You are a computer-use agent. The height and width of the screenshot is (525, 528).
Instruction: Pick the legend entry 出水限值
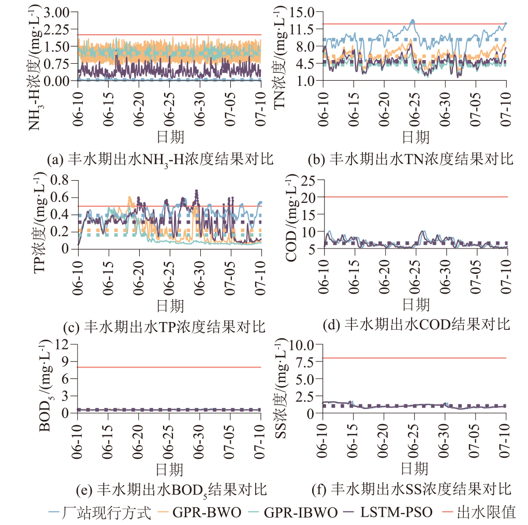tap(486, 513)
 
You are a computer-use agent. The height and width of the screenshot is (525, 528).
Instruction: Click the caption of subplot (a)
tap(160, 159)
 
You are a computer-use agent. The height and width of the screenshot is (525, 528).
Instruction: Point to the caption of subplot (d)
tap(416, 325)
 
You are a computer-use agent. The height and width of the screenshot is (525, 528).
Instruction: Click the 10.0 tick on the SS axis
tap(306, 344)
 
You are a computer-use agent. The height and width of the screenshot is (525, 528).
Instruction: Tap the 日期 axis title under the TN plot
tap(415, 137)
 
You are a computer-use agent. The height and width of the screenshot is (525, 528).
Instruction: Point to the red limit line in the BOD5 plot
tap(170, 367)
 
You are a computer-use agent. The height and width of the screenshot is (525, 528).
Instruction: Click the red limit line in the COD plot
tap(416, 197)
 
